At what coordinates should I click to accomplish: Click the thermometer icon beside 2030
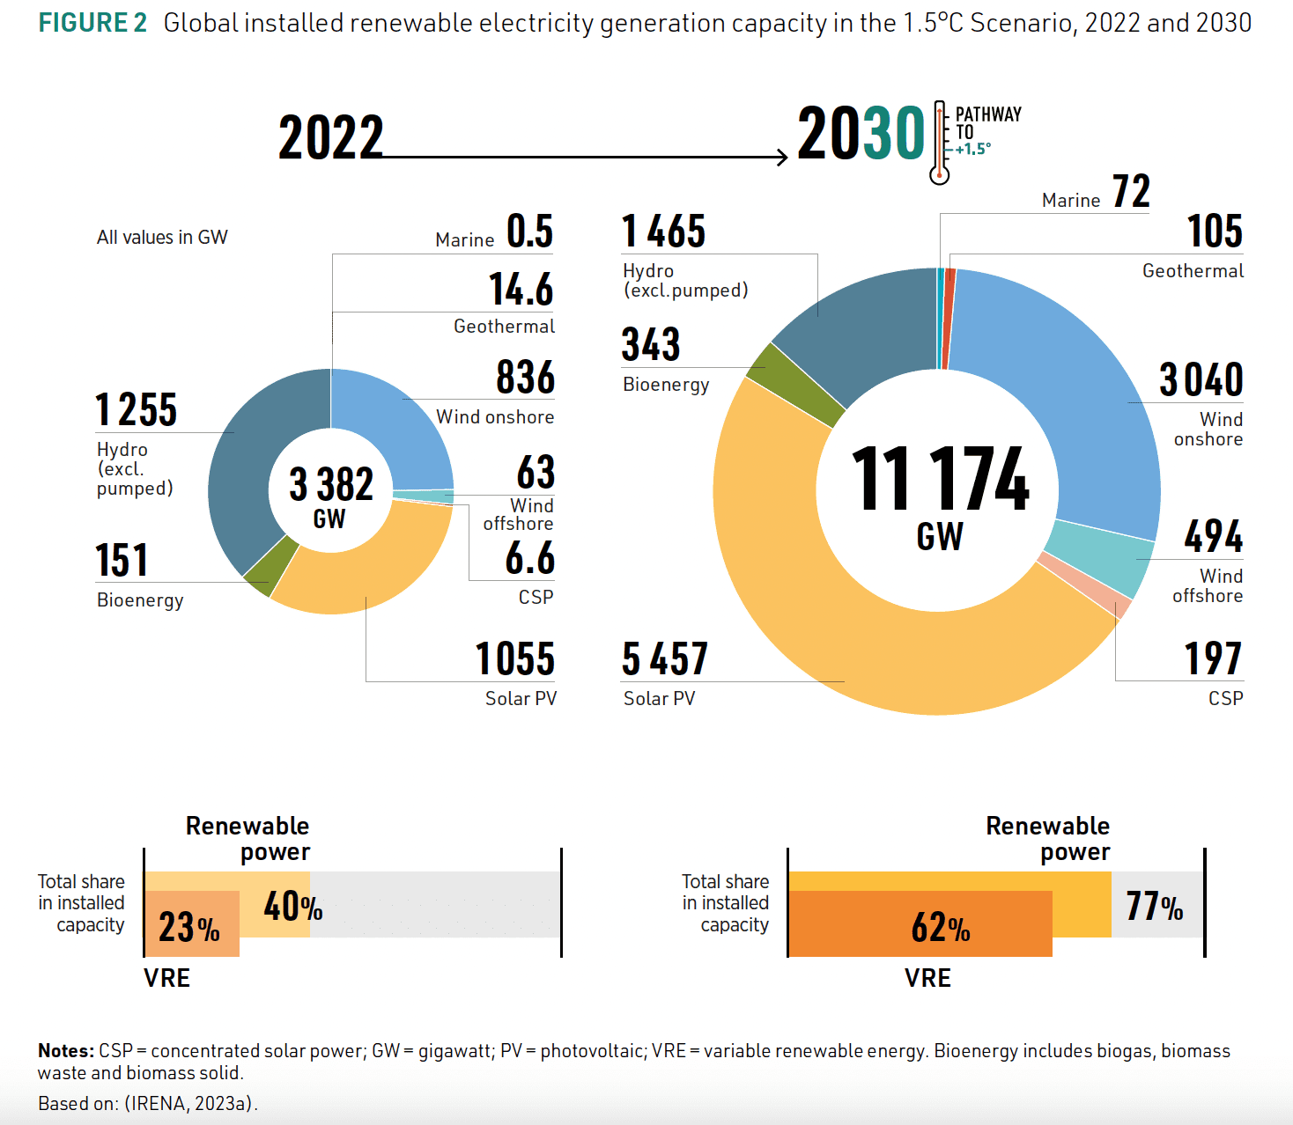[940, 143]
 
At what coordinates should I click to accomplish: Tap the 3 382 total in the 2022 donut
[331, 485]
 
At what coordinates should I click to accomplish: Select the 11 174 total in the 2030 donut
[939, 480]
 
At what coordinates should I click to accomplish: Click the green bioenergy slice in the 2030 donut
[795, 384]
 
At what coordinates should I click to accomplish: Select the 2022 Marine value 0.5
[529, 232]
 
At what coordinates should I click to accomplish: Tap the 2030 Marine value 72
[1131, 192]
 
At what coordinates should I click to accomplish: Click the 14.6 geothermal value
[521, 290]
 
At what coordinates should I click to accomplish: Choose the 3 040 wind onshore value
[1201, 380]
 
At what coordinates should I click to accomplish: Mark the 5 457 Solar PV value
[664, 659]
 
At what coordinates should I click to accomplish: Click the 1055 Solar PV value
[515, 659]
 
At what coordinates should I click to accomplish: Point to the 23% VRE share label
[188, 928]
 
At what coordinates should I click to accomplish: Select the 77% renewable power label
[1155, 906]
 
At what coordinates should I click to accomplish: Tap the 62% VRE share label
[940, 928]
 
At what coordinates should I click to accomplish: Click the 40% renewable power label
[292, 906]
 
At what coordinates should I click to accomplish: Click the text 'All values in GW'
[162, 238]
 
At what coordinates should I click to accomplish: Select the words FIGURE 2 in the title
[92, 23]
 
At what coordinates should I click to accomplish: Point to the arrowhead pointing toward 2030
[782, 158]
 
